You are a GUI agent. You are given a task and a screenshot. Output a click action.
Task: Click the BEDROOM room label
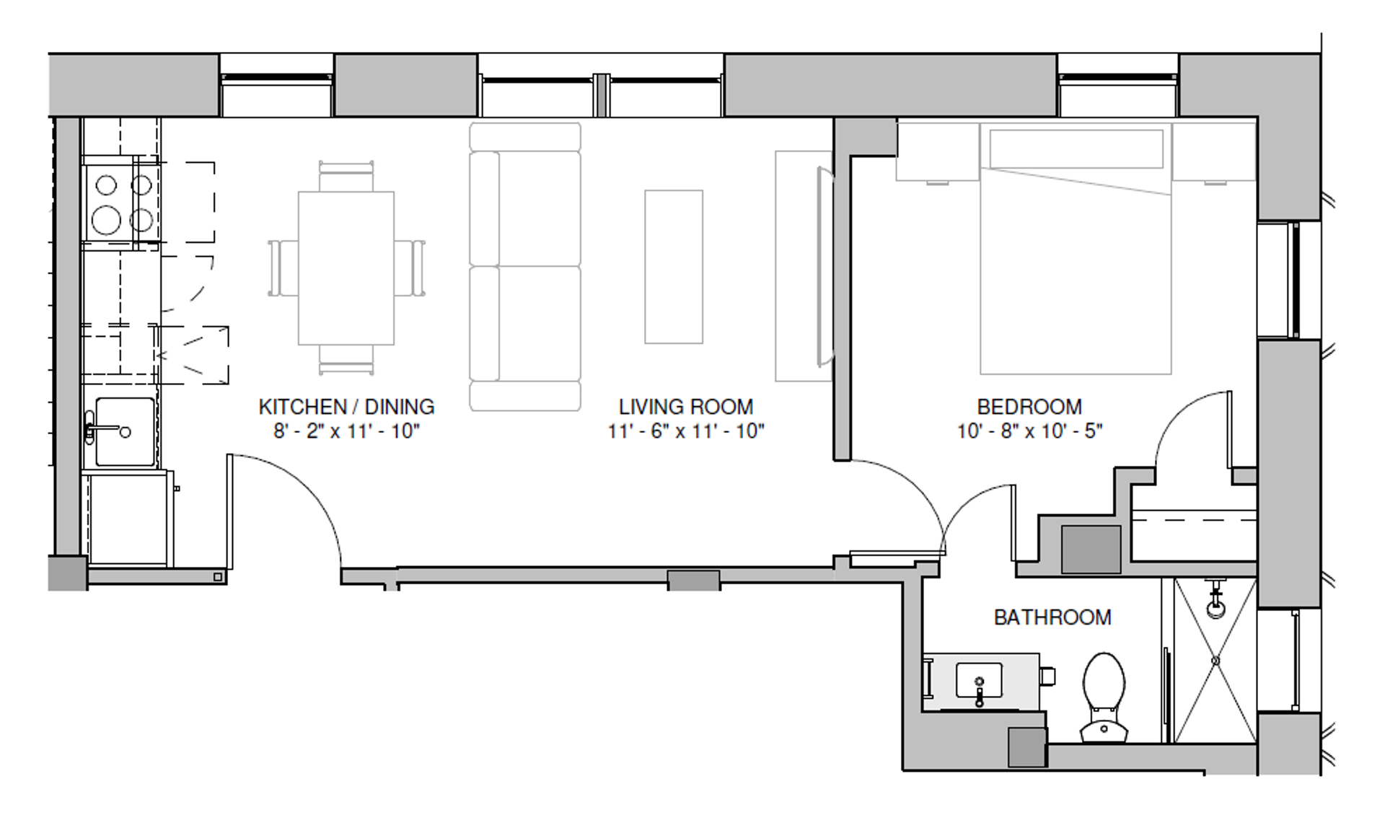pyautogui.click(x=1029, y=407)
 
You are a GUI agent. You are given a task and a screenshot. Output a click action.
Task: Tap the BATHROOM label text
pyautogui.click(x=1052, y=617)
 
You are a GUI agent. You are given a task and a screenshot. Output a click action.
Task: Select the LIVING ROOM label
pyautogui.click(x=686, y=407)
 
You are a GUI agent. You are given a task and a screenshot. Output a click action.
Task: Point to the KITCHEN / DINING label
pyautogui.click(x=346, y=407)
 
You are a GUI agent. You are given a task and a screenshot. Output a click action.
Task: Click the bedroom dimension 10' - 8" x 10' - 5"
pyautogui.click(x=1029, y=431)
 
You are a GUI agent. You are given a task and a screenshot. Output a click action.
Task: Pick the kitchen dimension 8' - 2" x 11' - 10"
pyautogui.click(x=346, y=431)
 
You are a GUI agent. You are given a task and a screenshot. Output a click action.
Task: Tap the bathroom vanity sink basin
pyautogui.click(x=979, y=681)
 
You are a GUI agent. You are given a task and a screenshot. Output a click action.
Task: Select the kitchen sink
pyautogui.click(x=125, y=431)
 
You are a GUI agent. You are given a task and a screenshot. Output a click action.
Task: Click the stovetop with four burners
pyautogui.click(x=121, y=203)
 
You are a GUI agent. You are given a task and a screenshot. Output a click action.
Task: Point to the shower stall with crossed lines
pyautogui.click(x=1215, y=660)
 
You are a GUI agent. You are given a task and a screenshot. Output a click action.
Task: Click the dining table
pyautogui.click(x=346, y=268)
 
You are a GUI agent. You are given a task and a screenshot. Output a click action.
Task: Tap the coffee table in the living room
pyautogui.click(x=674, y=267)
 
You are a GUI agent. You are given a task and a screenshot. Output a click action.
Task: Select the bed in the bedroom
pyautogui.click(x=1076, y=250)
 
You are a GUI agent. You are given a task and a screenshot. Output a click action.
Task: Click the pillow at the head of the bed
pyautogui.click(x=1076, y=149)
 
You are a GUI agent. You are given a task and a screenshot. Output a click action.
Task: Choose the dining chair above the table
pyautogui.click(x=346, y=177)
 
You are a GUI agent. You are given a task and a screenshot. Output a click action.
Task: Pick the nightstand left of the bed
pyautogui.click(x=938, y=152)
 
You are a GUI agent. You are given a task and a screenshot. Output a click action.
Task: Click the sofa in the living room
pyautogui.click(x=525, y=267)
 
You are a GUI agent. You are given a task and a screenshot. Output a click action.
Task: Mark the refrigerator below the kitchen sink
pyautogui.click(x=128, y=517)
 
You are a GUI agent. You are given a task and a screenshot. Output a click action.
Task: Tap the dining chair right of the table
pyautogui.click(x=409, y=268)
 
